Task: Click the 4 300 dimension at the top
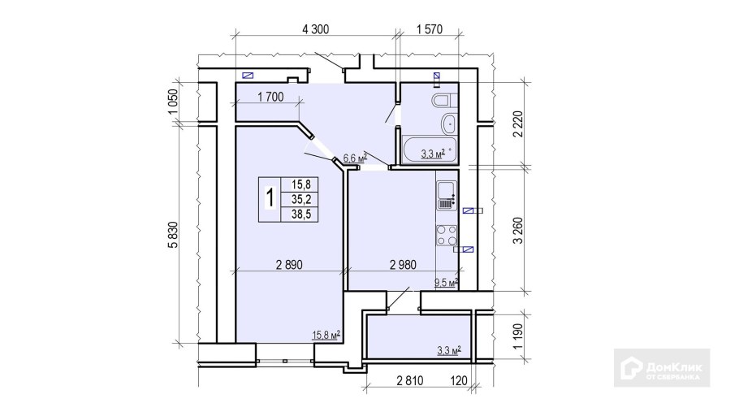(315, 29)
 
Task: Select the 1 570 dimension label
(430, 29)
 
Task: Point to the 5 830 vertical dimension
(174, 235)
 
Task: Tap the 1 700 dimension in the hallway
(270, 97)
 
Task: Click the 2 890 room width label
(289, 265)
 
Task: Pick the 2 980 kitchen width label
(403, 265)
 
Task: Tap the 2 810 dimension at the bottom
(410, 380)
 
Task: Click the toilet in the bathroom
(444, 101)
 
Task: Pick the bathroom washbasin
(449, 124)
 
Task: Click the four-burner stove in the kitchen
(447, 236)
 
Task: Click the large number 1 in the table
(270, 197)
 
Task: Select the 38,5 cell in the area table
(298, 214)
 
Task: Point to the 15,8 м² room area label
(326, 335)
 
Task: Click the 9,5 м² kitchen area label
(446, 283)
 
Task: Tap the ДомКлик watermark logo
(662, 368)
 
